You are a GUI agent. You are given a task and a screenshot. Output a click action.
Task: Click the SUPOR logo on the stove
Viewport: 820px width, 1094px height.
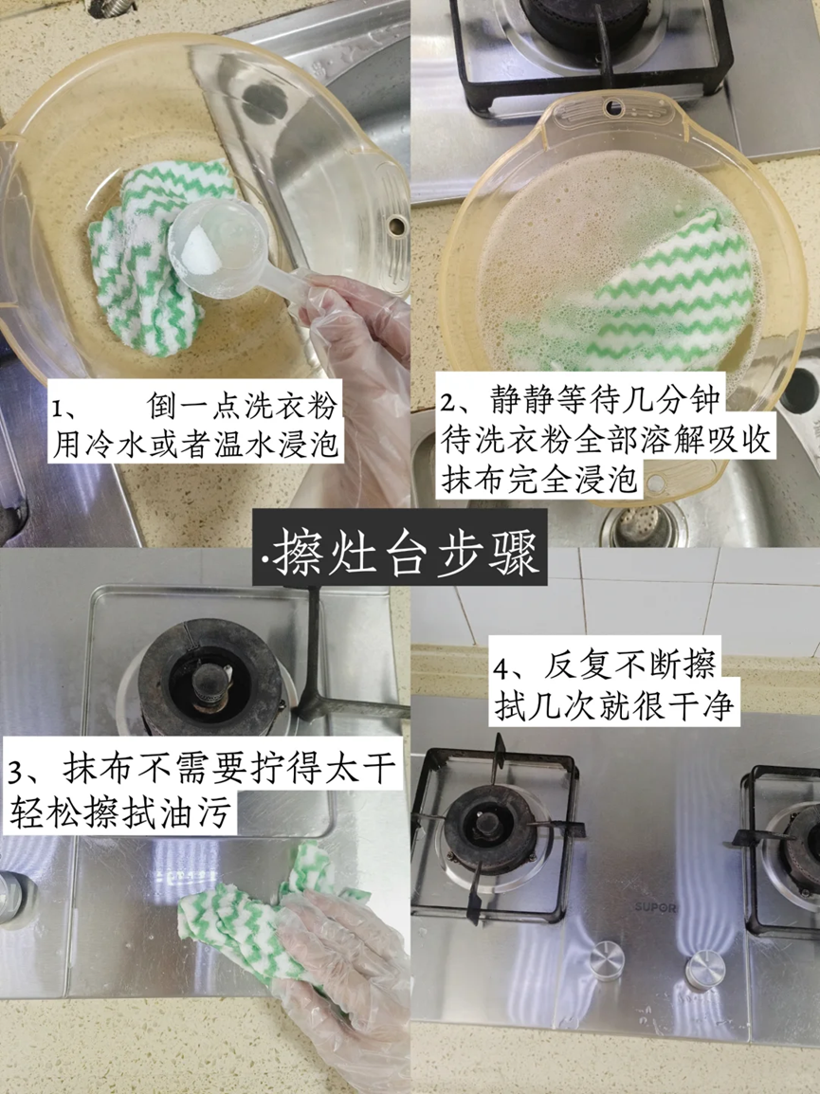(655, 907)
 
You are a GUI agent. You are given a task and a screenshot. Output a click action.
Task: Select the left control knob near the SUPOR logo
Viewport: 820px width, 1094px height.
(606, 960)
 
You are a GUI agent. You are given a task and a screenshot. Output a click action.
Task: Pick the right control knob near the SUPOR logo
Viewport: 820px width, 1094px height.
(705, 971)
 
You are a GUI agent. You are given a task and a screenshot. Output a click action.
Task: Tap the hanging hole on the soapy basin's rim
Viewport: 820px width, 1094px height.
(614, 107)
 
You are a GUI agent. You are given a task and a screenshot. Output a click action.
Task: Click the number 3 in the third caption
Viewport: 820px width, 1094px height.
(17, 773)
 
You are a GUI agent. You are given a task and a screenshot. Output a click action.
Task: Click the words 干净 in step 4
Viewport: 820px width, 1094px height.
(699, 706)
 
